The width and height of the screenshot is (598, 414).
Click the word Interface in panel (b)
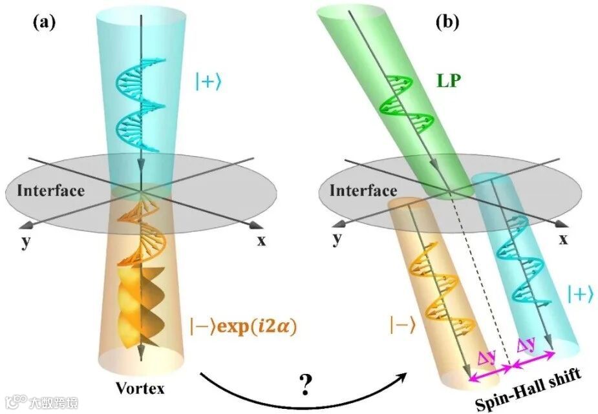(x=363, y=191)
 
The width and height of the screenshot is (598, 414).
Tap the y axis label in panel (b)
(x=337, y=240)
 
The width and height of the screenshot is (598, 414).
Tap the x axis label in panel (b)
(x=564, y=240)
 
